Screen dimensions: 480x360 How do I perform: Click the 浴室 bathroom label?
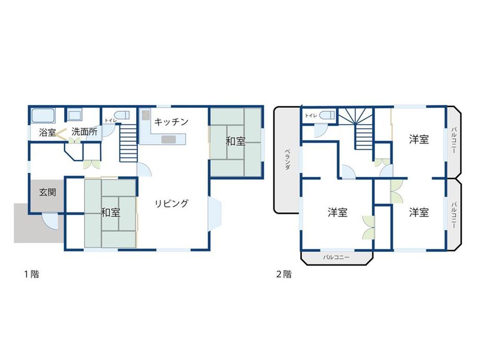point(47,133)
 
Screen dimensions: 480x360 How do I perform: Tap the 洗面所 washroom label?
point(85,132)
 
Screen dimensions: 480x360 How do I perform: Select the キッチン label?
point(171,122)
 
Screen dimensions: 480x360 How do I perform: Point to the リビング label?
point(172,203)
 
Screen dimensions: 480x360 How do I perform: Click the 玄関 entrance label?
point(47,192)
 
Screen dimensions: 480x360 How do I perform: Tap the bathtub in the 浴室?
point(43,116)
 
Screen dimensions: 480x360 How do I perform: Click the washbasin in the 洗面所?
point(75,115)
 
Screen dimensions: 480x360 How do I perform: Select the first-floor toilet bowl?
point(124,115)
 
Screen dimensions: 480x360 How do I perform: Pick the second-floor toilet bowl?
point(327,115)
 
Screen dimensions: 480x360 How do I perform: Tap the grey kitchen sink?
point(169,140)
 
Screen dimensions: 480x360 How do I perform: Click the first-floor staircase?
point(128,142)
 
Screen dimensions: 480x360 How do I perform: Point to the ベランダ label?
point(288,159)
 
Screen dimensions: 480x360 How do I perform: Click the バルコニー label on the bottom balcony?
point(336,257)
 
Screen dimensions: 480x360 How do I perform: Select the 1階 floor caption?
point(32,274)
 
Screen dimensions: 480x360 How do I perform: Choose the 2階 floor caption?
point(284,274)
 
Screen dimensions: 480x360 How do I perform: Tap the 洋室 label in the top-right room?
point(419,139)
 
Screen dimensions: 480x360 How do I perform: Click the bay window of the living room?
point(214,213)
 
